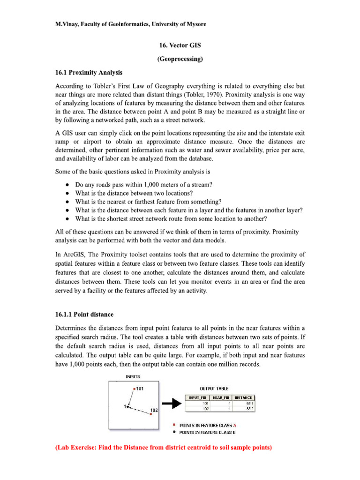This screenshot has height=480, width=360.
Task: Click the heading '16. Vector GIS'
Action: (180, 46)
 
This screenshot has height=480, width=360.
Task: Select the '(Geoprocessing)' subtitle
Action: (180, 60)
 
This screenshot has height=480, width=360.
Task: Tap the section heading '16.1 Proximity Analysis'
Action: (89, 73)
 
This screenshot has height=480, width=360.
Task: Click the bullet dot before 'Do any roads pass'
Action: (68, 185)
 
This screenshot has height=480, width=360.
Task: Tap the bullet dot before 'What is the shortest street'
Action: (68, 218)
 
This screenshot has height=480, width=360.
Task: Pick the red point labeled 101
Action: (135, 389)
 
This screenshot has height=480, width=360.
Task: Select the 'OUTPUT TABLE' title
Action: (215, 389)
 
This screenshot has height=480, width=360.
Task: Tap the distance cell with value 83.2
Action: (249, 408)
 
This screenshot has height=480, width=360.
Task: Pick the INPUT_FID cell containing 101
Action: (205, 403)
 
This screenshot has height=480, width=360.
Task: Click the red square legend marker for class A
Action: (174, 424)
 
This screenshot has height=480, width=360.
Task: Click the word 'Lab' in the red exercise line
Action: (65, 448)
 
